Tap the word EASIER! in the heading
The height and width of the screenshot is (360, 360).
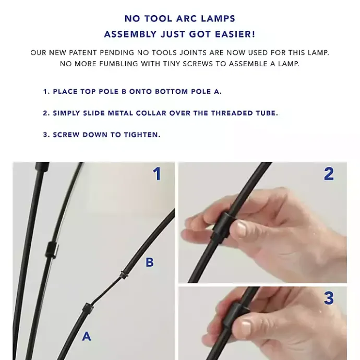[x=235, y=34]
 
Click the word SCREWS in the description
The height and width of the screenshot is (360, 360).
[x=198, y=64]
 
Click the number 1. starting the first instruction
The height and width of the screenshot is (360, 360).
[x=46, y=92]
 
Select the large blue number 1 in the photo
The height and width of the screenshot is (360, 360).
[x=157, y=174]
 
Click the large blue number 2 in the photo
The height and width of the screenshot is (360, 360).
[x=329, y=174]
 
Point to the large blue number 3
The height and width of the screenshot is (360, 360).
[x=329, y=298]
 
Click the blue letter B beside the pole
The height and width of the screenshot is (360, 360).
[x=149, y=262]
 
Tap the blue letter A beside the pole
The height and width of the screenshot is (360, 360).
[x=87, y=337]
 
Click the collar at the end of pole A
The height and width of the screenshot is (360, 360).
[x=88, y=308]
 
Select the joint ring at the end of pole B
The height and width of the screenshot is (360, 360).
[x=124, y=274]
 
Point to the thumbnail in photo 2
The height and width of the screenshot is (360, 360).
[x=239, y=229]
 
